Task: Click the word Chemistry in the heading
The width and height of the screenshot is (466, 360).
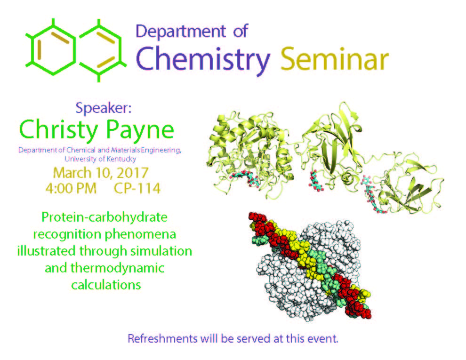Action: click(x=203, y=60)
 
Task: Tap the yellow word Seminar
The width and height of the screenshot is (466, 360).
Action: click(x=335, y=59)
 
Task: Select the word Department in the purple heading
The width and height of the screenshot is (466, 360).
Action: click(x=181, y=32)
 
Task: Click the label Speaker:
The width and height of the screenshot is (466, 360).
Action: click(x=104, y=108)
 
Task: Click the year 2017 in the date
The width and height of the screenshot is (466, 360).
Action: click(x=132, y=173)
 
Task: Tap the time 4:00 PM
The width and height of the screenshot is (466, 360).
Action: click(x=71, y=188)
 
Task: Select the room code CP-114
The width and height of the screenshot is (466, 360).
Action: click(x=137, y=188)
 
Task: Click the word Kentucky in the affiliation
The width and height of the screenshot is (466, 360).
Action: click(x=121, y=159)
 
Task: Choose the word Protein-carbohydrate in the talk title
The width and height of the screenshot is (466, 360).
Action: click(x=104, y=217)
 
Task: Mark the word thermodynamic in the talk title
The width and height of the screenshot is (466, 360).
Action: click(x=117, y=268)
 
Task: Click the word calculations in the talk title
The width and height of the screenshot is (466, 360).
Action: click(x=106, y=285)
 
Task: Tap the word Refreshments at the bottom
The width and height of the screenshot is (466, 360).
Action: click(x=162, y=339)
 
